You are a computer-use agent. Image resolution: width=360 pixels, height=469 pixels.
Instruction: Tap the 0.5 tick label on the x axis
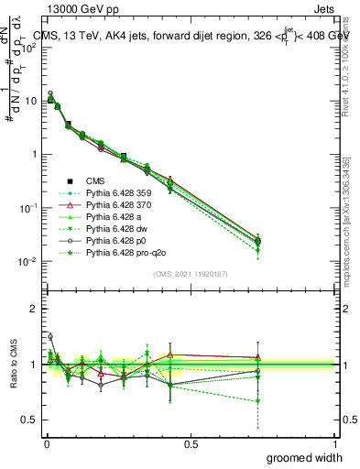[x=191, y=443]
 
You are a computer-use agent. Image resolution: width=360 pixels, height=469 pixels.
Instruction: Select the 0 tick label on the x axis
[x=47, y=443]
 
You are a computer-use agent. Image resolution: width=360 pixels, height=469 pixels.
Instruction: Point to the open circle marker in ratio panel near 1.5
[x=49, y=336]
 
